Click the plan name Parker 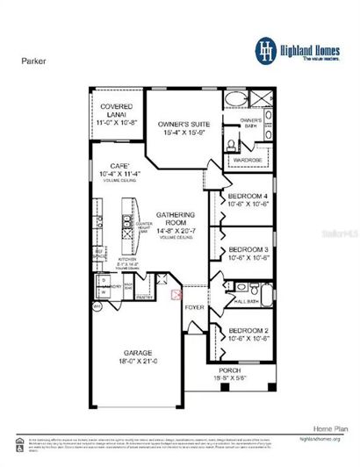tap(32, 62)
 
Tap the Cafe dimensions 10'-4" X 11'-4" tap(118, 174)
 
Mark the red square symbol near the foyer tap(176, 295)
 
